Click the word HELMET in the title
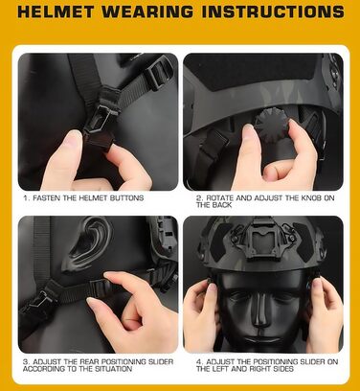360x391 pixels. [x=59, y=13]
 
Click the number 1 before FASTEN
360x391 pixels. [x=25, y=197]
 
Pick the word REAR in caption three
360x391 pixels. [x=79, y=363]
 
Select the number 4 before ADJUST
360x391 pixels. [x=198, y=363]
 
